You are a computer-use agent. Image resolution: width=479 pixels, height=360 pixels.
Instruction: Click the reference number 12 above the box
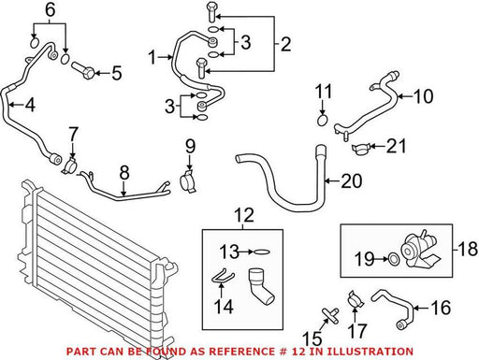pos(244,215)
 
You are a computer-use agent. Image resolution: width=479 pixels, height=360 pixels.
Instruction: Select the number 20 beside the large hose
pos(352,180)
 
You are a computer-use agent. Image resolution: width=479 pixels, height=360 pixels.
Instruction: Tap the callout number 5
pos(117,74)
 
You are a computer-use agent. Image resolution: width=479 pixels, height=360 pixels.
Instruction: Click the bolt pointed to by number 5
pos(82,70)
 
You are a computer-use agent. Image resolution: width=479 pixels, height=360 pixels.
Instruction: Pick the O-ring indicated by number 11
pos(323,120)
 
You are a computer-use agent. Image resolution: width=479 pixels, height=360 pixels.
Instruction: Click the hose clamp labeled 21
pos(361,150)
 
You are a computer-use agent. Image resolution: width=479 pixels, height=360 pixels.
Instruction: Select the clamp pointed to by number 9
pos(188,181)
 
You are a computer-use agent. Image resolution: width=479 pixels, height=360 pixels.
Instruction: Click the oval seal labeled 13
pos(262,252)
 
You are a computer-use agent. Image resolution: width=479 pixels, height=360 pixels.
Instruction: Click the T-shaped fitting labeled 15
pos(330,314)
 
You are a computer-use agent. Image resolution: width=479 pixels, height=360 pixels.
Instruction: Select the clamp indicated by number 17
pos(356,299)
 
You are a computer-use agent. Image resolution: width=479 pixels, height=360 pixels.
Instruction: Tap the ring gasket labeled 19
pos(394,258)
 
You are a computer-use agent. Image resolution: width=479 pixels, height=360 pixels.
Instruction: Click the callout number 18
pos(468,249)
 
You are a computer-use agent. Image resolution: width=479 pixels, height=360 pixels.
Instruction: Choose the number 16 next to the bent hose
pos(441,308)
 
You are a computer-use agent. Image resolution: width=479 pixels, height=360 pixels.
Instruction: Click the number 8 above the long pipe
pos(124,172)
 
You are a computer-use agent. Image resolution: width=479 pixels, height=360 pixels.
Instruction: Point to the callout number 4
pos(30,105)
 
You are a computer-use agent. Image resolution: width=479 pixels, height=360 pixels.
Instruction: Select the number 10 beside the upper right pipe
pos(423,96)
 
